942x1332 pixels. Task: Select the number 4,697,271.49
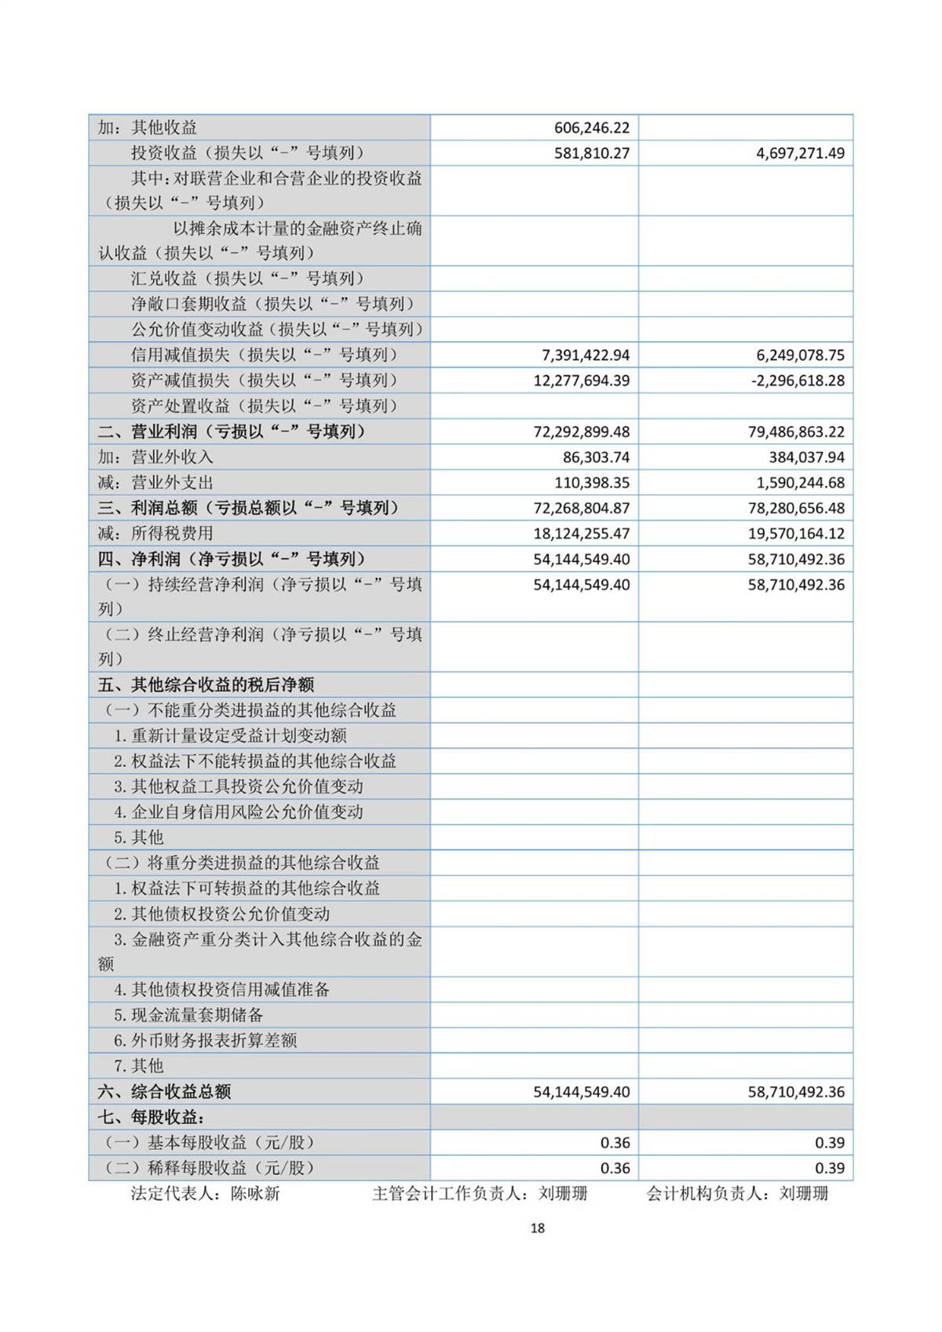click(800, 153)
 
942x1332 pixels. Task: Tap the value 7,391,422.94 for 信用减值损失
click(585, 356)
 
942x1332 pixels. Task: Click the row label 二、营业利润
click(231, 432)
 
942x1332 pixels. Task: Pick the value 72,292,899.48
click(581, 432)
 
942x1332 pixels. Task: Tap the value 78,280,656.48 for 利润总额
click(796, 508)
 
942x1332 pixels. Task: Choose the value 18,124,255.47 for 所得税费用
click(581, 534)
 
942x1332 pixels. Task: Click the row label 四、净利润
click(231, 559)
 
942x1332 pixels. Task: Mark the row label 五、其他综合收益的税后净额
click(206, 684)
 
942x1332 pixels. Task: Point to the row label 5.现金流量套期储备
click(188, 1015)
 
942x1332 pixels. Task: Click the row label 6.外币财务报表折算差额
click(206, 1041)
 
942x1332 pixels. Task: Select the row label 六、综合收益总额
click(164, 1092)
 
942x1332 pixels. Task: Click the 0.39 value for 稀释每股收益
click(830, 1168)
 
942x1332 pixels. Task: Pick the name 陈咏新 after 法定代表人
click(255, 1194)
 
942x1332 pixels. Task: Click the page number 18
click(538, 1228)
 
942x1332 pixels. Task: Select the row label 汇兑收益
click(247, 279)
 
